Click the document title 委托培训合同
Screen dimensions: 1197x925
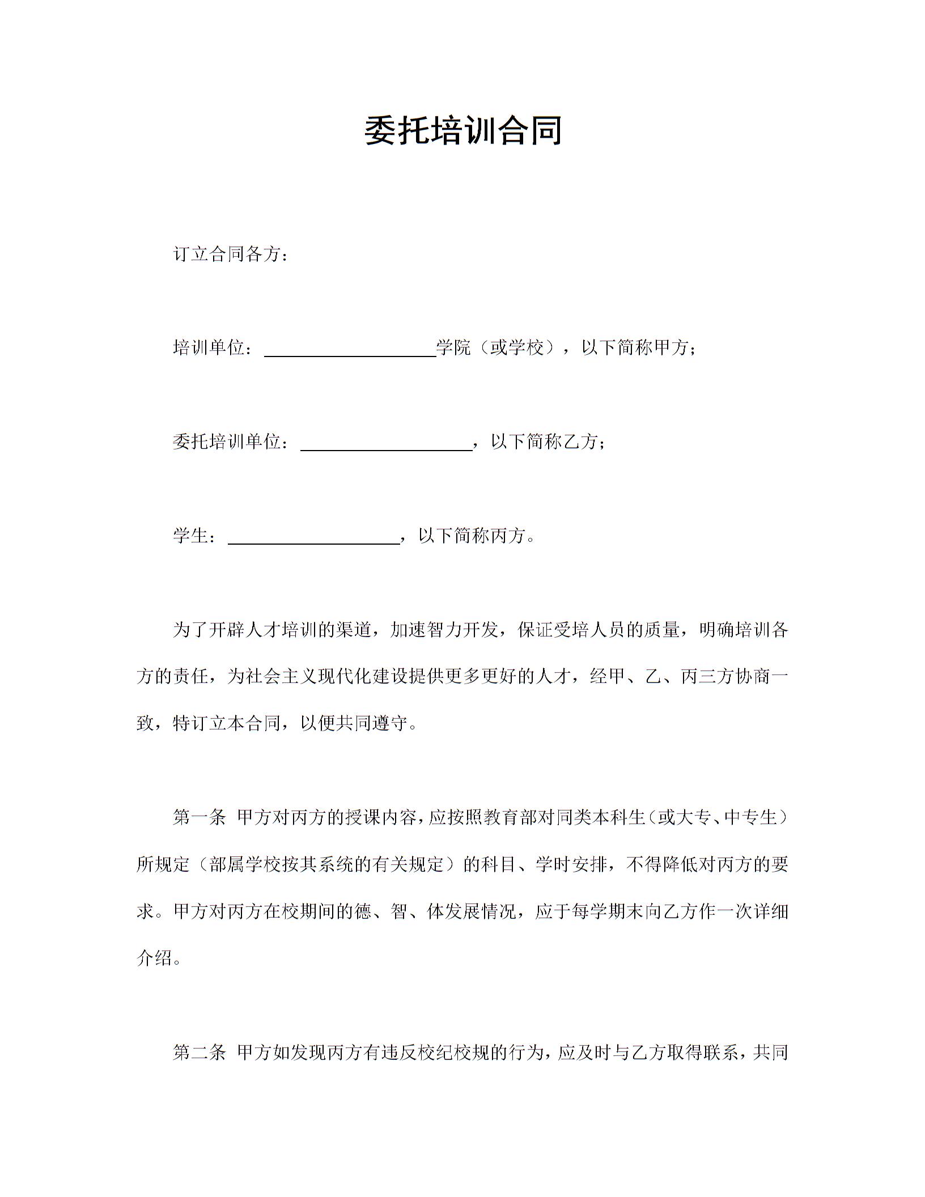click(x=462, y=130)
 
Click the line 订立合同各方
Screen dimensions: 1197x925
click(x=230, y=254)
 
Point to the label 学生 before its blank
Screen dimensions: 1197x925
click(x=190, y=536)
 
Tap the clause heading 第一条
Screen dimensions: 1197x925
click(x=199, y=817)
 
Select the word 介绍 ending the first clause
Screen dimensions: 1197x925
click(x=154, y=958)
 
